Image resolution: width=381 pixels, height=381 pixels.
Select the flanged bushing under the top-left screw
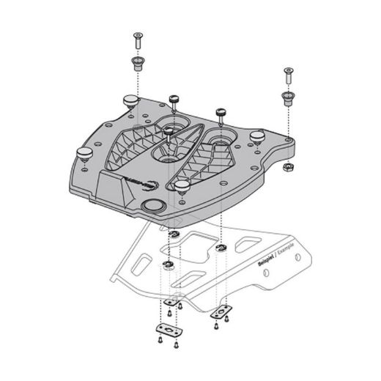pos(136,62)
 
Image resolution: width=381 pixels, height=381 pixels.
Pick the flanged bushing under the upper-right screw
pos(286,97)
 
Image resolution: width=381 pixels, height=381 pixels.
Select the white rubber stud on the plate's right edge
pos(257,136)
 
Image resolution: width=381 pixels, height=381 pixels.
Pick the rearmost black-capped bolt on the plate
pos(174,99)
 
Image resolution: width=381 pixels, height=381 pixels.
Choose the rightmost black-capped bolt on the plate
pos(220,114)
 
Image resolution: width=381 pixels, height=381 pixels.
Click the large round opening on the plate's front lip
pos(155,206)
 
